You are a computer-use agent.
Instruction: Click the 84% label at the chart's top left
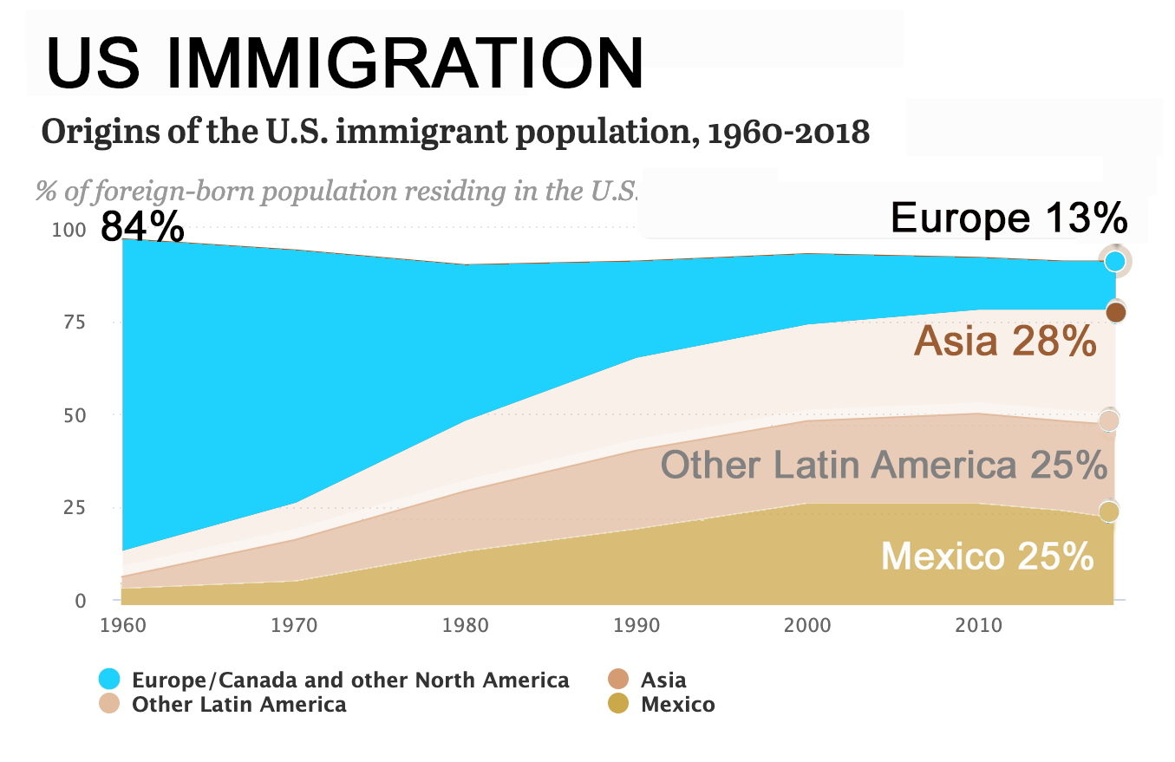pos(142,227)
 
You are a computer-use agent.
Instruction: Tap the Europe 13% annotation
pos(1009,217)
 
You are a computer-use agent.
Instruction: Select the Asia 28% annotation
pos(1005,341)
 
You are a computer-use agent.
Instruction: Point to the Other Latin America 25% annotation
pos(884,465)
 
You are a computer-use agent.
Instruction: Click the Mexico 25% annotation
pos(987,556)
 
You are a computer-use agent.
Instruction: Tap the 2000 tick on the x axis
pos(807,625)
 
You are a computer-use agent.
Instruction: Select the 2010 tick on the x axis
pos(978,625)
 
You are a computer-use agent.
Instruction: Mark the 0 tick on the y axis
pos(79,600)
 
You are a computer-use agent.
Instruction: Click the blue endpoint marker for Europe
pos(1115,261)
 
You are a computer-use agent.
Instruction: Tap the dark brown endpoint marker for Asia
pos(1116,312)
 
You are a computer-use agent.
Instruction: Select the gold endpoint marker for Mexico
pos(1109,511)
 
